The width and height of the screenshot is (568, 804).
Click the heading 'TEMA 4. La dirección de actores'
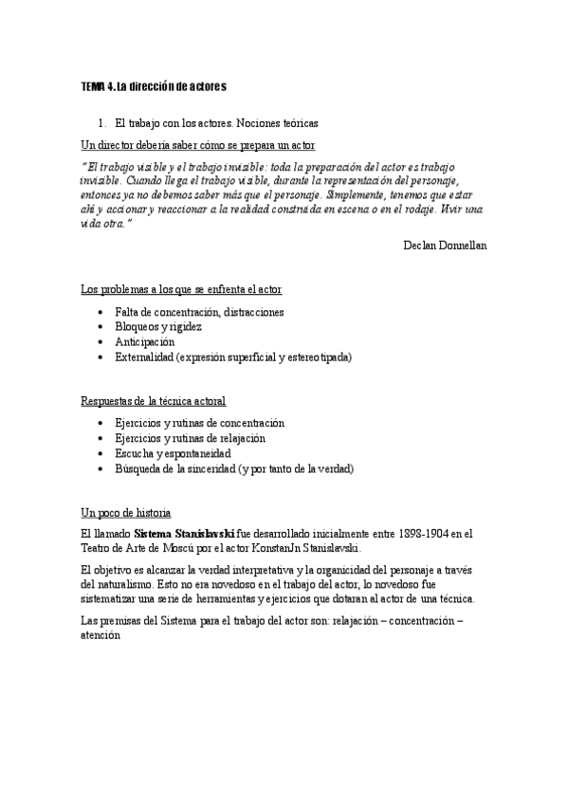pos(154,87)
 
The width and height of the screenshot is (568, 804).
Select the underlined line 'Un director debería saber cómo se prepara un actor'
pos(198,145)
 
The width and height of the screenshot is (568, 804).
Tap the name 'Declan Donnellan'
pos(444,245)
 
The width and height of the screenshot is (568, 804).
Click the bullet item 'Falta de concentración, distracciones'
pos(199,312)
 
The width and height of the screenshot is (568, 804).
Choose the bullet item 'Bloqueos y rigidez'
pos(157,327)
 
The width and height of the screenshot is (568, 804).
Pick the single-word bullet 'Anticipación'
pos(145,342)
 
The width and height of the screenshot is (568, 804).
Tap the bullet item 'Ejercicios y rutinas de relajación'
pos(190,438)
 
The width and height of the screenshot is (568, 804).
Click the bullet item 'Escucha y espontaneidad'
pos(173,453)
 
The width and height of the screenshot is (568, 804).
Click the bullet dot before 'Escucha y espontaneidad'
pos(101,453)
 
